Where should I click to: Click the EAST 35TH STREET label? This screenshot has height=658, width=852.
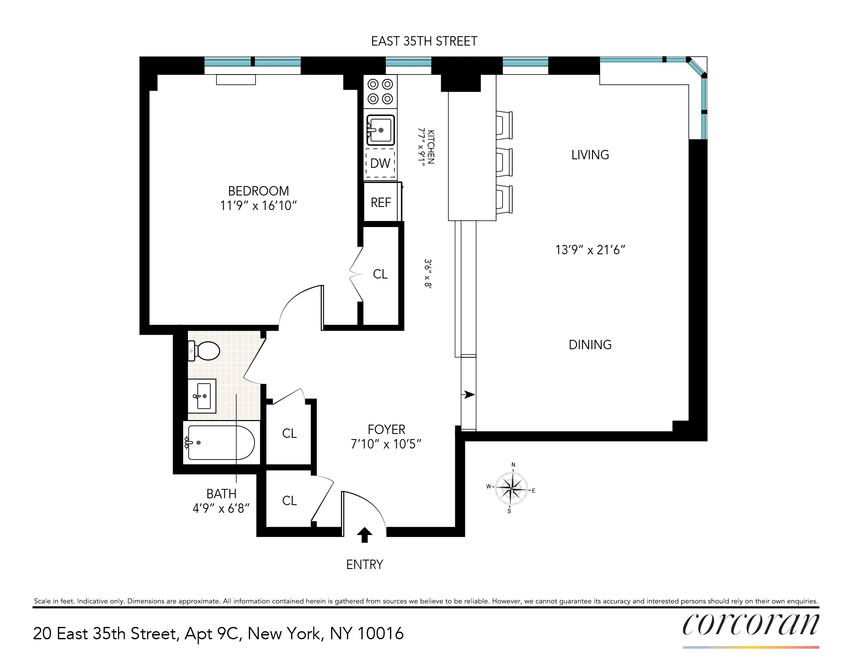pyautogui.click(x=424, y=41)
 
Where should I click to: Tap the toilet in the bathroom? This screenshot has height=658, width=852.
pyautogui.click(x=205, y=351)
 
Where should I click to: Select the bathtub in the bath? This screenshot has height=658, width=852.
pyautogui.click(x=221, y=443)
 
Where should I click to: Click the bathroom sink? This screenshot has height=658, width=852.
pyautogui.click(x=202, y=396)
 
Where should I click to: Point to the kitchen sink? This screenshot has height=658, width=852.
pyautogui.click(x=381, y=130)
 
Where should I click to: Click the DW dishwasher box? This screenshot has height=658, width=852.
pyautogui.click(x=380, y=163)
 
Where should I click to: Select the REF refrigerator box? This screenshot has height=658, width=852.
pyautogui.click(x=381, y=203)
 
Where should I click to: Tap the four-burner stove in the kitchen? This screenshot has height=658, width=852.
pyautogui.click(x=380, y=92)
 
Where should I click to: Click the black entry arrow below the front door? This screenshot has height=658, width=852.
pyautogui.click(x=364, y=534)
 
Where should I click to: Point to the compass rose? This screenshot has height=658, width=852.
pyautogui.click(x=511, y=488)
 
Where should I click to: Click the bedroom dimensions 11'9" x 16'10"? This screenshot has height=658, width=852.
pyautogui.click(x=258, y=206)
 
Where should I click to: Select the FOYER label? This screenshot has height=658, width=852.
pyautogui.click(x=386, y=429)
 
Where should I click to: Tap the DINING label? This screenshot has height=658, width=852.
pyautogui.click(x=590, y=345)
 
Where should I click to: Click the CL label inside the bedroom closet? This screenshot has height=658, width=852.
pyautogui.click(x=380, y=274)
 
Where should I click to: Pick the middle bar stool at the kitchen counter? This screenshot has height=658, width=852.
pyautogui.click(x=504, y=162)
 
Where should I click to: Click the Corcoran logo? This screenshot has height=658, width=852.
pyautogui.click(x=750, y=625)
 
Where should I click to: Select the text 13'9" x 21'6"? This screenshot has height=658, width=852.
pyautogui.click(x=590, y=250)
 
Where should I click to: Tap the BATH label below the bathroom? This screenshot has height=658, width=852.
pyautogui.click(x=221, y=494)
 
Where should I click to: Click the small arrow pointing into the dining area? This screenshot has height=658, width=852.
pyautogui.click(x=469, y=394)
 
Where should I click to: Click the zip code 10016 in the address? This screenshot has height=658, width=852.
pyautogui.click(x=380, y=633)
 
